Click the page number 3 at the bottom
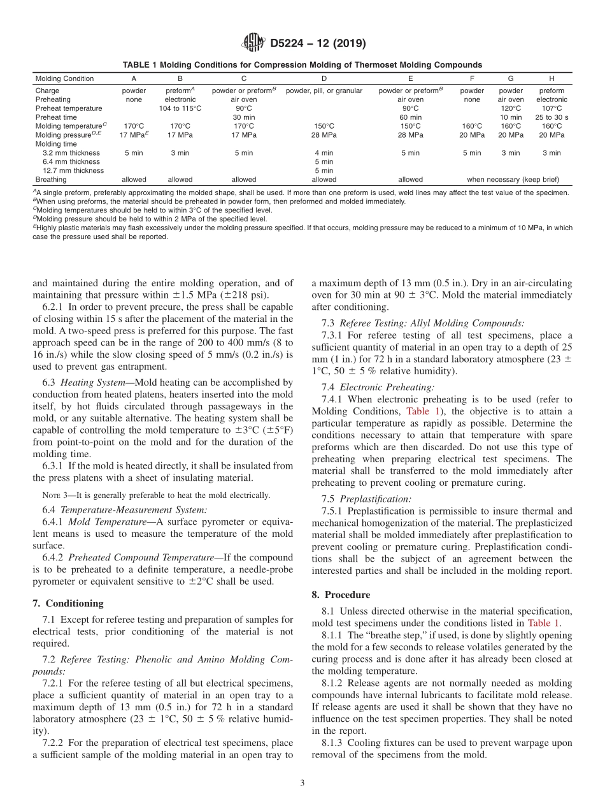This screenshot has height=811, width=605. coord(302,782)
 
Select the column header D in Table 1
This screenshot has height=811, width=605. coord(324,79)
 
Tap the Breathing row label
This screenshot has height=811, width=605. coord(50,180)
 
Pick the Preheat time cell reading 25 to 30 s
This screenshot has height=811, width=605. coord(552,117)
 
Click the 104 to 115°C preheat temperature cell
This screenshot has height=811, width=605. coord(180,108)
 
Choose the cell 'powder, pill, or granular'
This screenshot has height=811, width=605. coord(324,91)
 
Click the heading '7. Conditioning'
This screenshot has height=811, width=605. coord(68,603)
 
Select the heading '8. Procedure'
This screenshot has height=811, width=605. coord(341,595)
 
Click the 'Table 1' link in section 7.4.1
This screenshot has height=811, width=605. coord(418,411)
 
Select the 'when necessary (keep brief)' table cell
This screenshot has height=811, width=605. coord(511,180)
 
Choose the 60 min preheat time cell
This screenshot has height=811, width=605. coord(410,117)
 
